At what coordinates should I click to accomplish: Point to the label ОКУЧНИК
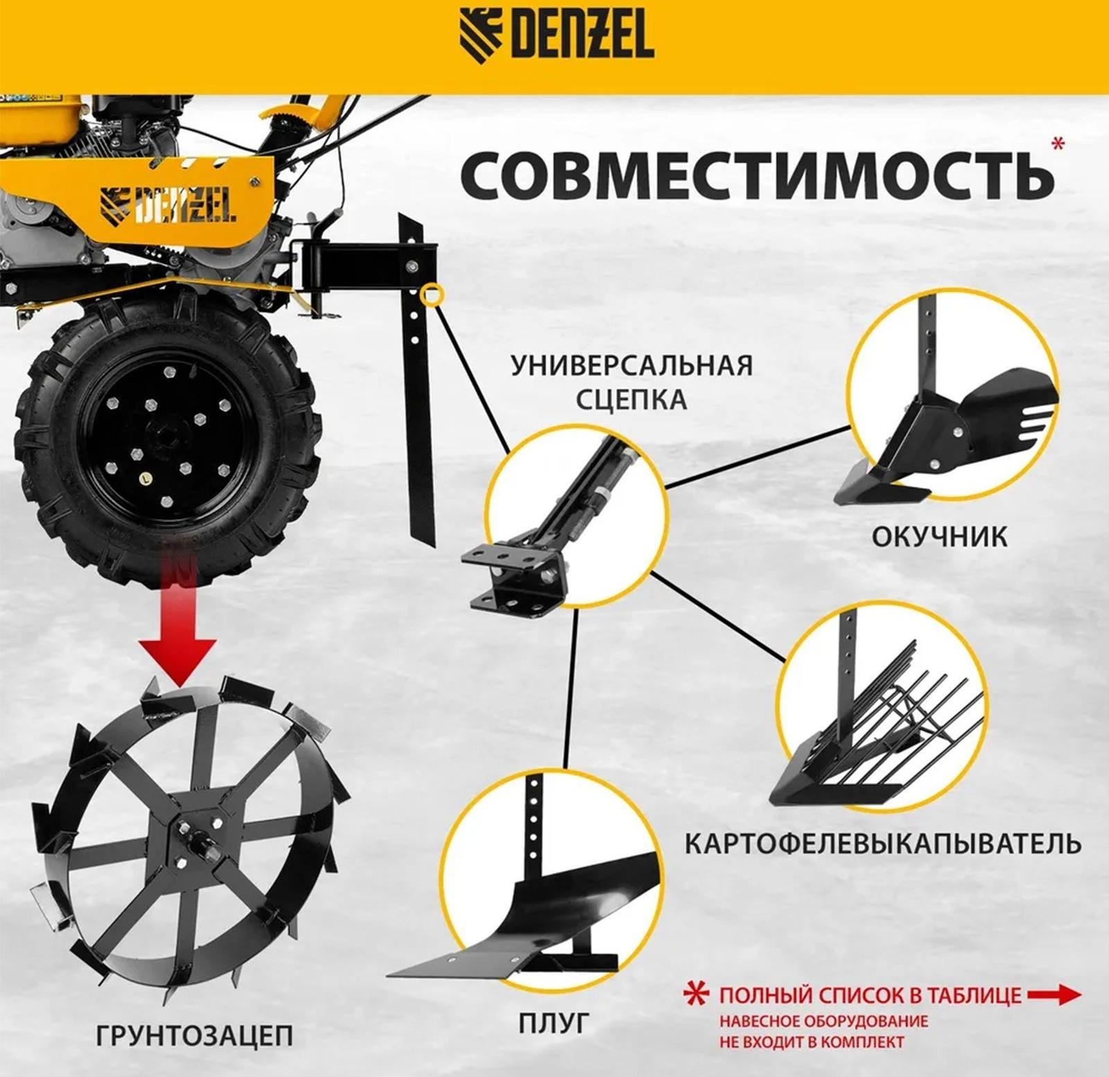click(x=939, y=536)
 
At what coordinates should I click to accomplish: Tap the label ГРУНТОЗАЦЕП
click(x=194, y=1035)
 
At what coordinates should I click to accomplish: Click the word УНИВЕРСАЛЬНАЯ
click(x=631, y=365)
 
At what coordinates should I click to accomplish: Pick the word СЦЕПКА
click(x=631, y=400)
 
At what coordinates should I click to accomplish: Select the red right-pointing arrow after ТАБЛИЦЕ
click(x=1054, y=995)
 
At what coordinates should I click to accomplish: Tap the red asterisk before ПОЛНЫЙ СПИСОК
click(x=697, y=995)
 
